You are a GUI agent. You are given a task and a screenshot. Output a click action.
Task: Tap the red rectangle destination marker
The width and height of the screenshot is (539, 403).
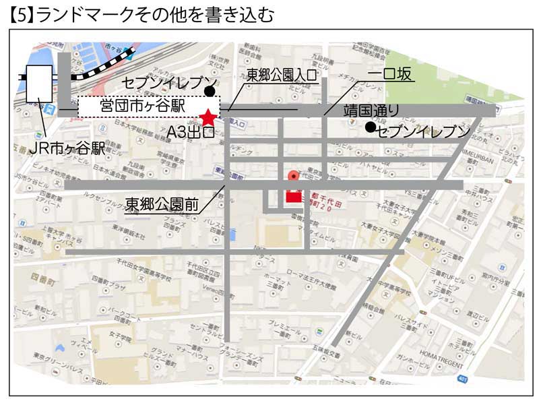point(294,197)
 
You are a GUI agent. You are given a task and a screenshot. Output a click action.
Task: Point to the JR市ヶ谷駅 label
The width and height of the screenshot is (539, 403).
point(59,149)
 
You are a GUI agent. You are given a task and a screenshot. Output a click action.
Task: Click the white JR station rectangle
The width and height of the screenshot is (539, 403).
point(39,84)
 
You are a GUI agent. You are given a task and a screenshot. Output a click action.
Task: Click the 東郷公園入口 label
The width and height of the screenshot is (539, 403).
point(282,75)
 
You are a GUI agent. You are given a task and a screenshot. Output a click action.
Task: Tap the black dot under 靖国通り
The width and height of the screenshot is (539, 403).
point(369,127)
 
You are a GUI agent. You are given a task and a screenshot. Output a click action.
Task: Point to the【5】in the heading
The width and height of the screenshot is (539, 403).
point(20,14)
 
